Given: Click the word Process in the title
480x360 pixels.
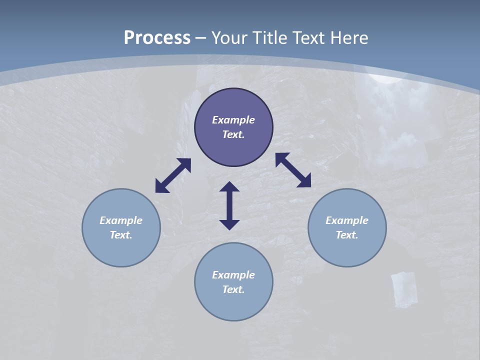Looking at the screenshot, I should (x=157, y=38).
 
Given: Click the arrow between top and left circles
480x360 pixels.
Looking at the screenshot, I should (x=173, y=175).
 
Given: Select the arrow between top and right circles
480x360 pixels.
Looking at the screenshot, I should (x=293, y=170).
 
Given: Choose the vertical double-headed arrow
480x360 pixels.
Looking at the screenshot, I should (x=229, y=205).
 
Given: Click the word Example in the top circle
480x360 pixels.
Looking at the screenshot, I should (x=233, y=120).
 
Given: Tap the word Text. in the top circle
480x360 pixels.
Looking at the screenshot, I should (x=233, y=134).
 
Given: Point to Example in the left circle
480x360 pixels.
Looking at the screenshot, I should (x=121, y=220).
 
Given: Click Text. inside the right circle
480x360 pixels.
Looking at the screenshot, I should (x=347, y=235).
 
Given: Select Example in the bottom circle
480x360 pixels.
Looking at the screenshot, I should (x=233, y=275).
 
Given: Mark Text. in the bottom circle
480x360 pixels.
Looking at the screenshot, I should (x=233, y=289).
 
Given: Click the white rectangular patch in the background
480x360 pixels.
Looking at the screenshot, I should (x=404, y=289).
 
